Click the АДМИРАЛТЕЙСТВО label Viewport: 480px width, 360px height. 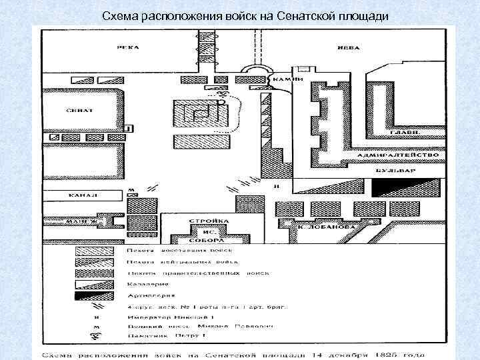(x=397, y=155)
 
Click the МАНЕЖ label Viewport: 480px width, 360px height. (x=85, y=220)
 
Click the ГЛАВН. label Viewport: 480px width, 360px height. (x=404, y=133)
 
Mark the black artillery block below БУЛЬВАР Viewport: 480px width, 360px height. (x=406, y=187)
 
